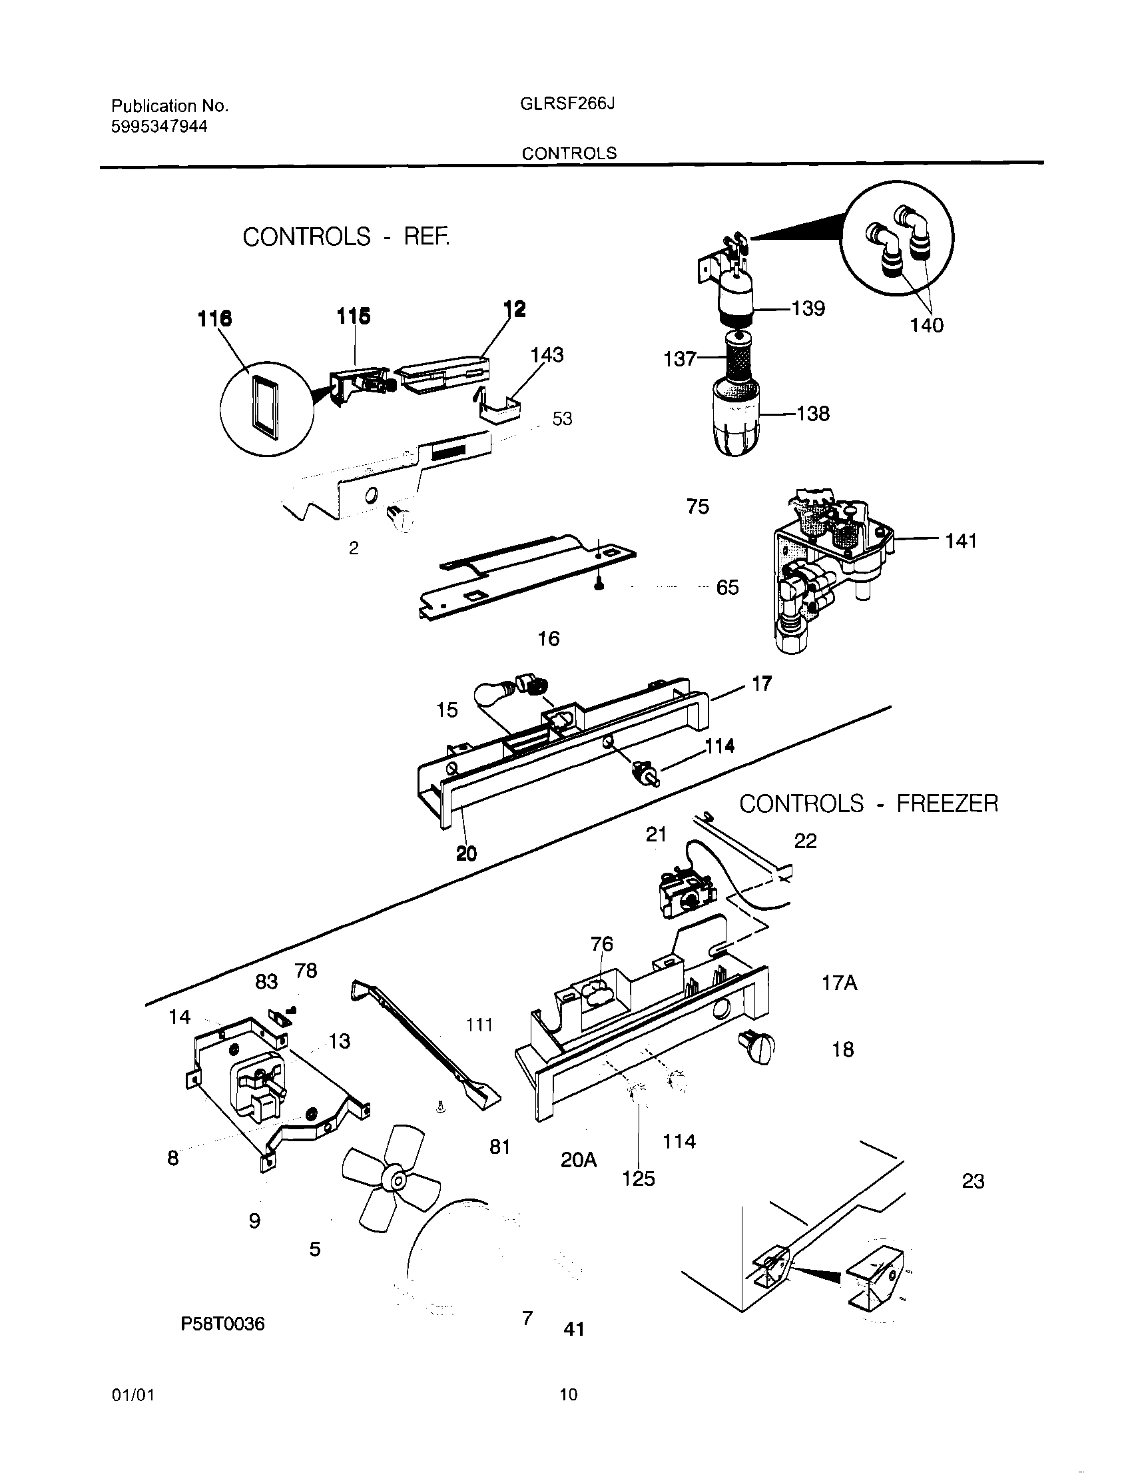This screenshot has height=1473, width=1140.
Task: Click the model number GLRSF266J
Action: (x=567, y=105)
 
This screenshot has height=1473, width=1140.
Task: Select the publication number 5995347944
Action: (x=159, y=127)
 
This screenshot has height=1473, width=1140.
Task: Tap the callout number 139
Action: (x=808, y=308)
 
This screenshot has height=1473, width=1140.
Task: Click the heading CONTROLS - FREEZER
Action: (x=868, y=803)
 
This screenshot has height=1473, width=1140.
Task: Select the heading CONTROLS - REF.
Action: (x=345, y=237)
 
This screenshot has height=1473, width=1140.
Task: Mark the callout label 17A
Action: (x=838, y=983)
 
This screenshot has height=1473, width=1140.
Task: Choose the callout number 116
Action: (x=214, y=318)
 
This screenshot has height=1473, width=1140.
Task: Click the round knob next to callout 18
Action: (x=758, y=1049)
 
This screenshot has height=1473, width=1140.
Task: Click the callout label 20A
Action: (x=579, y=1160)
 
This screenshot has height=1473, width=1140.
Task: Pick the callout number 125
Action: (x=638, y=1179)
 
